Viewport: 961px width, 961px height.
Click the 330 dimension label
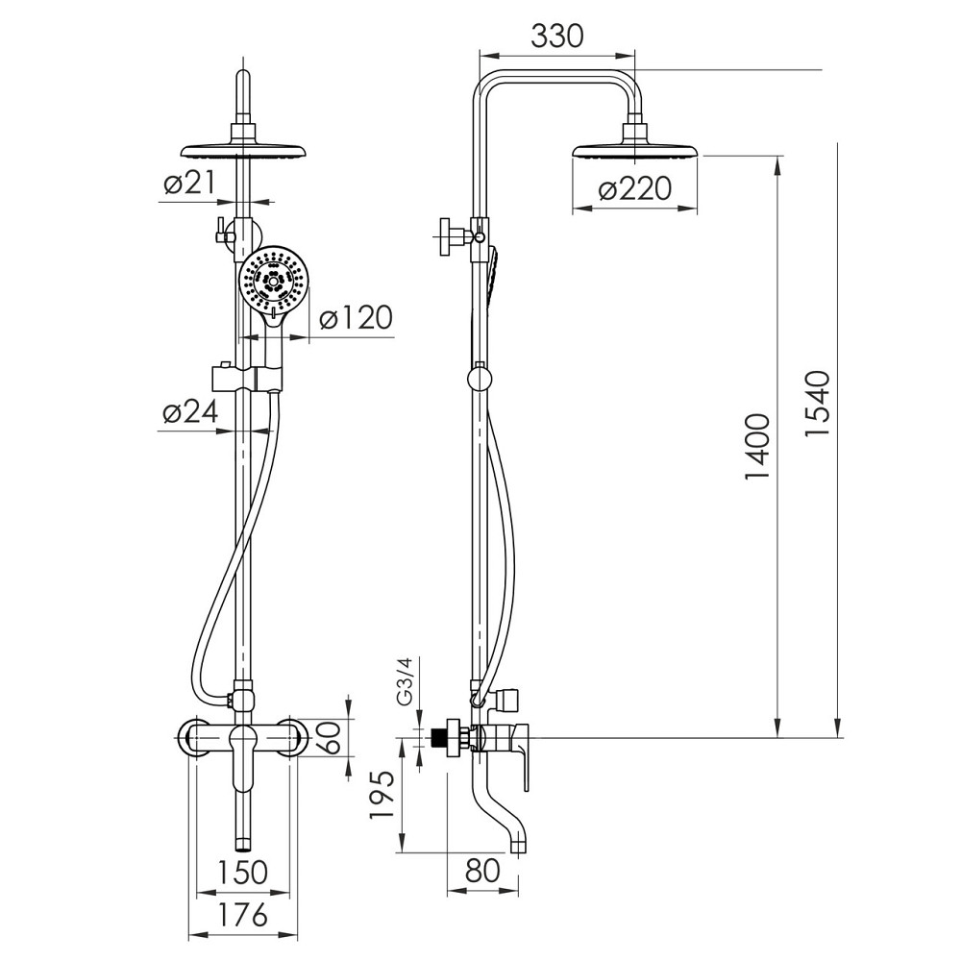(x=556, y=37)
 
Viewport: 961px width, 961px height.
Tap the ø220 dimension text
(x=635, y=189)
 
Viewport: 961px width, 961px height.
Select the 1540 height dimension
(x=818, y=404)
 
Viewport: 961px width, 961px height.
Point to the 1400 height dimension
(x=757, y=446)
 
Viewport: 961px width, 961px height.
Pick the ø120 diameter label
(x=357, y=318)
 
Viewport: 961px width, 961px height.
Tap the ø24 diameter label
(x=190, y=412)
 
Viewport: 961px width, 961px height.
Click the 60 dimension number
(x=329, y=737)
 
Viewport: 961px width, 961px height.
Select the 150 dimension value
(x=243, y=872)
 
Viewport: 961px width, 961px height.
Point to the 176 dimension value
(x=243, y=916)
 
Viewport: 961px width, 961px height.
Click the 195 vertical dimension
(x=382, y=795)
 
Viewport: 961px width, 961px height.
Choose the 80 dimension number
(x=483, y=871)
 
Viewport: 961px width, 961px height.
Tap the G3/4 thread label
(x=405, y=681)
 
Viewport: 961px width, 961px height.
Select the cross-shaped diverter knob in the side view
(x=454, y=234)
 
